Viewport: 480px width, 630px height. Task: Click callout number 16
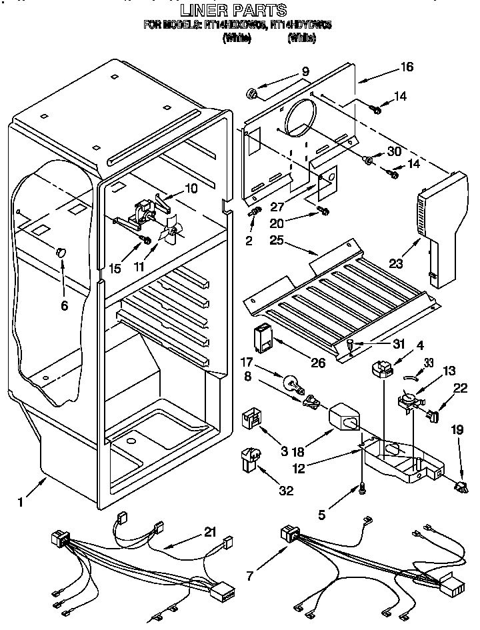click(407, 67)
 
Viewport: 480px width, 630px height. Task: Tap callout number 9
click(305, 72)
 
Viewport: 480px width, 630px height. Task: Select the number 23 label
click(396, 264)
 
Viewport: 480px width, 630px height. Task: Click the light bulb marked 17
click(291, 383)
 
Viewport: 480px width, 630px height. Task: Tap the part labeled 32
click(250, 460)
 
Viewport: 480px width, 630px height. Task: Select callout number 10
click(191, 189)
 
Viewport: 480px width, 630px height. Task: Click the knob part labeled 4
click(382, 369)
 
